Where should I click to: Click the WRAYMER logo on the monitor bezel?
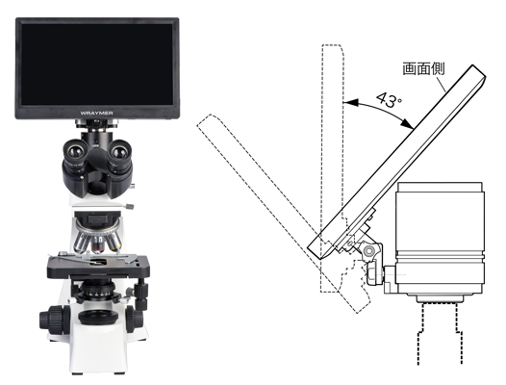(x=96, y=113)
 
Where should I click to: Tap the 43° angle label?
(x=390, y=100)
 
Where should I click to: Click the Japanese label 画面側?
(x=423, y=68)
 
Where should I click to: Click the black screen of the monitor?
(x=97, y=64)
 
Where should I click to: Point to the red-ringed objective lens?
(x=98, y=245)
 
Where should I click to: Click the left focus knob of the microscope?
(x=54, y=320)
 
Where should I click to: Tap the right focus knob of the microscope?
(x=135, y=320)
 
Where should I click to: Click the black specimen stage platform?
(x=98, y=267)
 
